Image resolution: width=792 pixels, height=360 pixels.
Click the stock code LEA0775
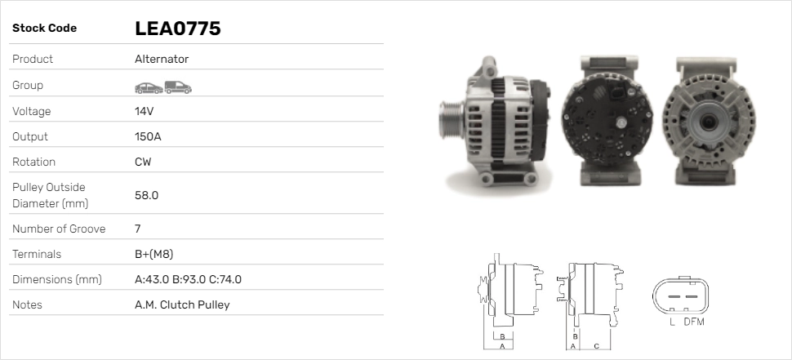pos(178,29)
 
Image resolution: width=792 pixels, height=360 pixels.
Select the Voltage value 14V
pos(144,111)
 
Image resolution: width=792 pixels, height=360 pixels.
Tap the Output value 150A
pos(148,136)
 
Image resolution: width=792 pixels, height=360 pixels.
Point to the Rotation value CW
pos(143,162)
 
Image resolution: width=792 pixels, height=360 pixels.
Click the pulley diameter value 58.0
pos(146,195)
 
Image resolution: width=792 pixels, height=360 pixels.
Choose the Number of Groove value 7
pos(137,229)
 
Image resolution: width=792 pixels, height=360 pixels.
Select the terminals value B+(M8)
pos(154,254)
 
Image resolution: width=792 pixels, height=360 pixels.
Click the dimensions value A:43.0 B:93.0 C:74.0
pos(188,279)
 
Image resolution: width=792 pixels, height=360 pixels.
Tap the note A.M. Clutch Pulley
pos(182,304)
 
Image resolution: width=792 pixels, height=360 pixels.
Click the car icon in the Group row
pos(149,88)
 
